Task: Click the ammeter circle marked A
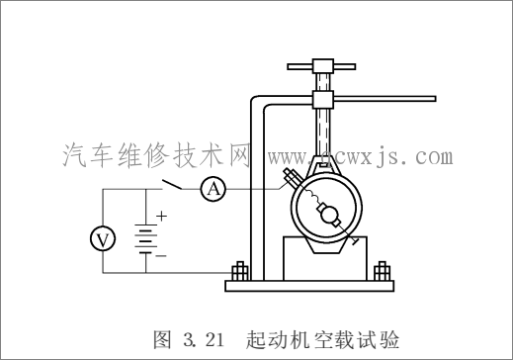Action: pyautogui.click(x=212, y=188)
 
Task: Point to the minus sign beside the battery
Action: pyautogui.click(x=161, y=254)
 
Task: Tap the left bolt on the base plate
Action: pyautogui.click(x=239, y=270)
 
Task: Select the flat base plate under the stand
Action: pyautogui.click(x=311, y=287)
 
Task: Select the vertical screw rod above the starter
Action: pyautogui.click(x=322, y=134)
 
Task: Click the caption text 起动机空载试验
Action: pyautogui.click(x=320, y=340)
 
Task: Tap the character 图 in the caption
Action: pyautogui.click(x=163, y=340)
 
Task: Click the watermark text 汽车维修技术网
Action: pyautogui.click(x=157, y=156)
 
